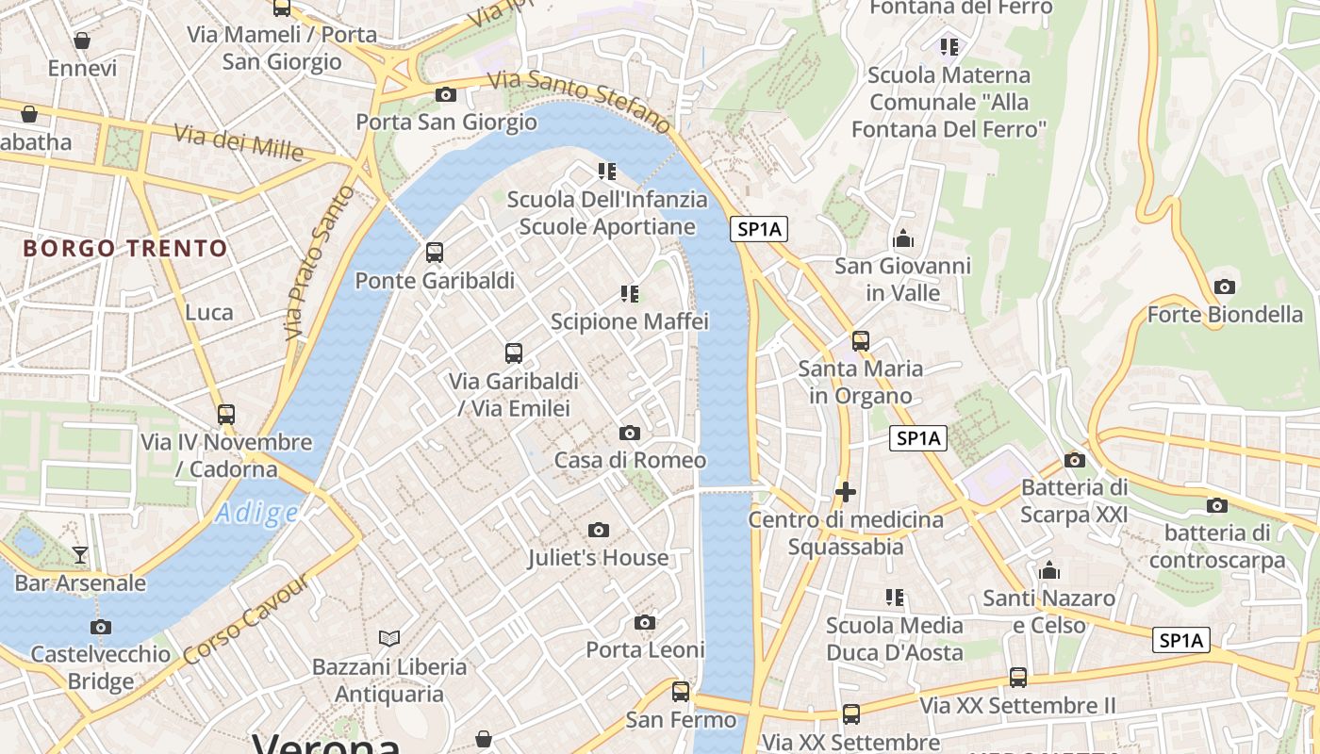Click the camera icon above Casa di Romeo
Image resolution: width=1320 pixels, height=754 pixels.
pyautogui.click(x=630, y=434)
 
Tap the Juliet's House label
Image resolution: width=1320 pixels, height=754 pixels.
pyautogui.click(x=599, y=557)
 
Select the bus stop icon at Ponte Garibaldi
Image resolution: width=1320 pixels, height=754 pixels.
pyautogui.click(x=435, y=253)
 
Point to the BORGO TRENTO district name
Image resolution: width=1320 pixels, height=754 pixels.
pyautogui.click(x=125, y=249)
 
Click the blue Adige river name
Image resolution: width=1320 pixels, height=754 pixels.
pyautogui.click(x=256, y=514)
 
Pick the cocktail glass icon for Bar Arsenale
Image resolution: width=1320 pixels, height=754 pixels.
pyautogui.click(x=80, y=555)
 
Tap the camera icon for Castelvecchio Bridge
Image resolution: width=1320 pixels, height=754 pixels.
pyautogui.click(x=101, y=628)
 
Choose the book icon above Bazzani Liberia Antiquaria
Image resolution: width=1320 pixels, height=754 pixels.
pyautogui.click(x=389, y=639)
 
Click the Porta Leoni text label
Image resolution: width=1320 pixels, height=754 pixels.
pyautogui.click(x=645, y=649)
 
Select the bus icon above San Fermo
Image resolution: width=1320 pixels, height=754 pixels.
pyautogui.click(x=681, y=692)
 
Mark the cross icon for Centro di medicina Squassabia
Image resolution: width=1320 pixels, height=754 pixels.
pyautogui.click(x=846, y=492)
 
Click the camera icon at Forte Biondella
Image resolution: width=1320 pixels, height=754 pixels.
pyautogui.click(x=1225, y=287)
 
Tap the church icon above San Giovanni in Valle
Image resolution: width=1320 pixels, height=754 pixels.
pyautogui.click(x=903, y=238)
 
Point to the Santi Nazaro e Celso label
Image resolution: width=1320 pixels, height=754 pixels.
pyautogui.click(x=1048, y=612)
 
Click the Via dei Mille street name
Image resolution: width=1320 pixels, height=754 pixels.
pyautogui.click(x=239, y=142)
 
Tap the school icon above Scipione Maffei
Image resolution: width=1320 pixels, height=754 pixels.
pyautogui.click(x=630, y=294)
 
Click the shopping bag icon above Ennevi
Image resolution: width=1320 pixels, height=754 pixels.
pyautogui.click(x=82, y=41)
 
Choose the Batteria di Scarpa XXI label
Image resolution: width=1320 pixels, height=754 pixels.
pyautogui.click(x=1074, y=500)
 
